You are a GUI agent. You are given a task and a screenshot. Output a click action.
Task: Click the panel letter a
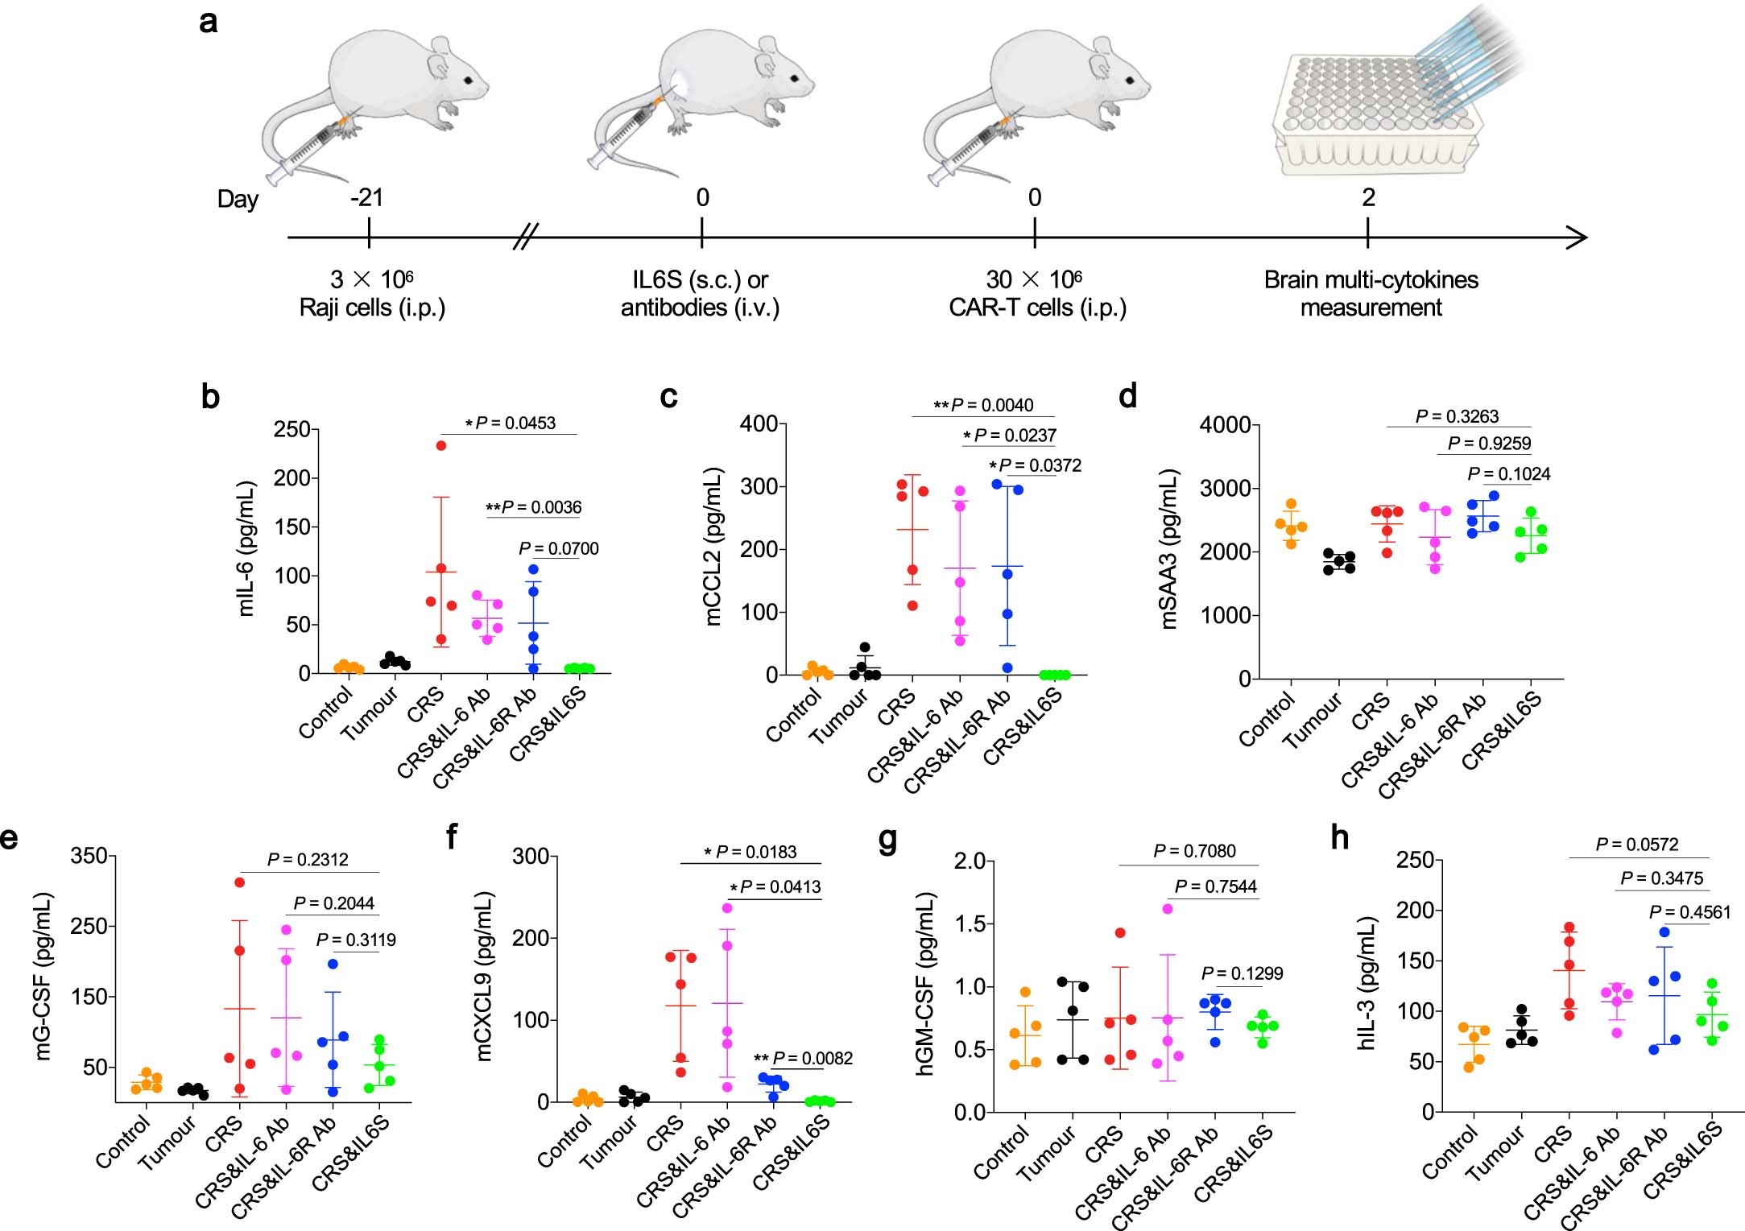[x=209, y=22]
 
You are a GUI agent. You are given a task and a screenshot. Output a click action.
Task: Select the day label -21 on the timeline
[x=366, y=197]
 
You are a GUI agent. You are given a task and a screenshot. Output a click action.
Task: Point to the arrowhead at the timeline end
[x=1578, y=238]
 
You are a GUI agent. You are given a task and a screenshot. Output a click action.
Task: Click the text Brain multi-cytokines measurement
[x=1371, y=293]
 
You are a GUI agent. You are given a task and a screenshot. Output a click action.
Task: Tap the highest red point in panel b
[x=440, y=445]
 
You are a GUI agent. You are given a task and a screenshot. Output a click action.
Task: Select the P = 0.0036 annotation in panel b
[x=533, y=507]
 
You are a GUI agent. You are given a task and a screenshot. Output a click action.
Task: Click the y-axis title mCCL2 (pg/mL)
[x=713, y=547]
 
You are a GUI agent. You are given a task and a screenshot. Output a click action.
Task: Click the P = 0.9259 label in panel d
[x=1489, y=443]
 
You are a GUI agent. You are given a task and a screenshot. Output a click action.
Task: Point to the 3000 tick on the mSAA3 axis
[x=1224, y=489]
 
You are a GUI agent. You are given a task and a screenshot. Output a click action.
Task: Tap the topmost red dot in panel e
[x=239, y=882]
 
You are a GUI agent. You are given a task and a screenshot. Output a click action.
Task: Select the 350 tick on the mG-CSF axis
[x=89, y=856]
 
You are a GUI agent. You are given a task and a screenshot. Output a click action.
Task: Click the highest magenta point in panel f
[x=727, y=908]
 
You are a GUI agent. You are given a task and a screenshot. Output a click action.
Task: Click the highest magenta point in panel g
[x=1168, y=909]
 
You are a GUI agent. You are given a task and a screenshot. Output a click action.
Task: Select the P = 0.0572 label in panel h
[x=1637, y=845]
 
